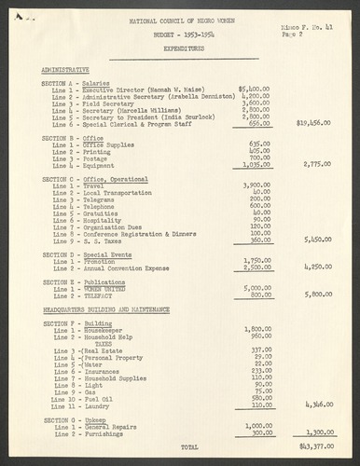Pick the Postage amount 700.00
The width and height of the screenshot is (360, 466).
tap(258, 158)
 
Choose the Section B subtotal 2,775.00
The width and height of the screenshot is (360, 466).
tap(317, 164)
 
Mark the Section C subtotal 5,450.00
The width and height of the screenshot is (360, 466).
tap(317, 239)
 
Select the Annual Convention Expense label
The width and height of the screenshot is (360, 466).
tap(130, 267)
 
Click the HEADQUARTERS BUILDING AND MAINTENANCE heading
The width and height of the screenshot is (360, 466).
tap(105, 308)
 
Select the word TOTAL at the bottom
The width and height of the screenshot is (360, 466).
tap(188, 446)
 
